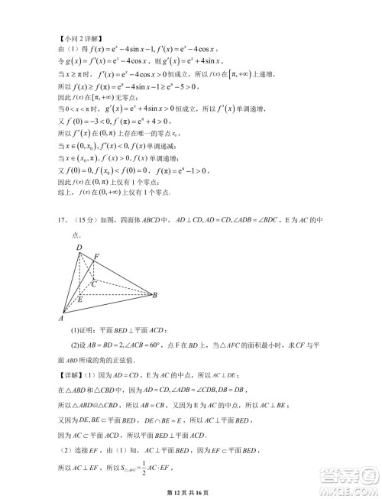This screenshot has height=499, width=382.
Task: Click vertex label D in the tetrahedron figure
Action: [x=79, y=248]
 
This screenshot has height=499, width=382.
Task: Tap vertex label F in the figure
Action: [x=97, y=256]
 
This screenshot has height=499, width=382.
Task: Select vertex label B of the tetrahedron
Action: [x=155, y=294]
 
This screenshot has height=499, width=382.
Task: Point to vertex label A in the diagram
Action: [x=60, y=318]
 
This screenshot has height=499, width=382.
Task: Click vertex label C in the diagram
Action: [x=93, y=283]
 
